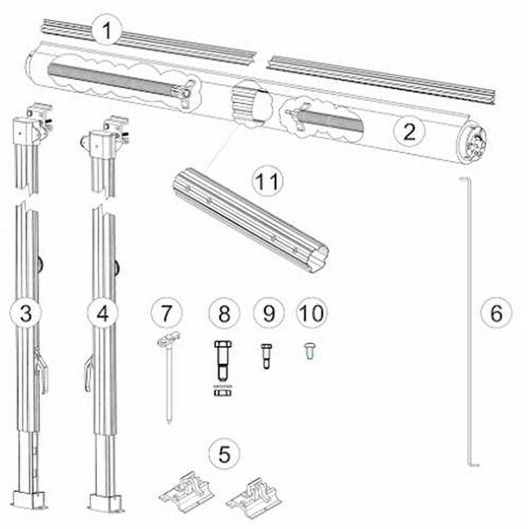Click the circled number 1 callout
[107, 30]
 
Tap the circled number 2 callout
[409, 131]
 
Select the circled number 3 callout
[26, 313]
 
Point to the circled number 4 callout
[103, 313]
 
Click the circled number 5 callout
[224, 453]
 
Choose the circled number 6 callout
[496, 313]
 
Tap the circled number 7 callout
[166, 313]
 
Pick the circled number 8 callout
[224, 313]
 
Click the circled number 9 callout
[269, 313]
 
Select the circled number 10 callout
[312, 313]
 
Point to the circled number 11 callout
[268, 181]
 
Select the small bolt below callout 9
[267, 356]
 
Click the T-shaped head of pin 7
[168, 340]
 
